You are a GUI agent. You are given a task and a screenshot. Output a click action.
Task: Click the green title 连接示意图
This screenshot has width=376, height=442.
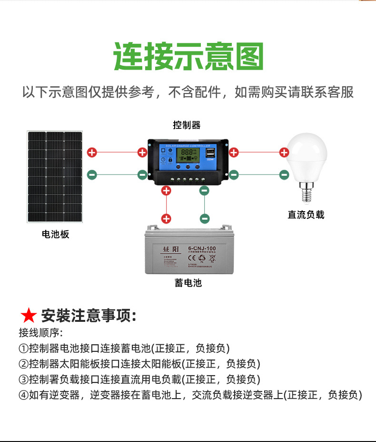(188, 56)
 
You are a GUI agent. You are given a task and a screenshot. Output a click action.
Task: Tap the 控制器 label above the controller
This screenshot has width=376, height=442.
(187, 125)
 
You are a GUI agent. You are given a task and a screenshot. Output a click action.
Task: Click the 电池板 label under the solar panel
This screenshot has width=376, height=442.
(55, 234)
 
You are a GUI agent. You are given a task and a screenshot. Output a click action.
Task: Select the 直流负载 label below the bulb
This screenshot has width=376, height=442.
(306, 215)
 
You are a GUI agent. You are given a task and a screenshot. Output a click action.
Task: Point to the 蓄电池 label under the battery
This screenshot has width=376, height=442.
(188, 283)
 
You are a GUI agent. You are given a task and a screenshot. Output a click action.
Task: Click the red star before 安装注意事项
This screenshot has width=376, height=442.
(29, 316)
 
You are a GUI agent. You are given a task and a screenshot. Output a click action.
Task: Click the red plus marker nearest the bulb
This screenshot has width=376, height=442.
(284, 153)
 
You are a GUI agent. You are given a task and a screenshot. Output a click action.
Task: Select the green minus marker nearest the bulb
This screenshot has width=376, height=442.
(284, 175)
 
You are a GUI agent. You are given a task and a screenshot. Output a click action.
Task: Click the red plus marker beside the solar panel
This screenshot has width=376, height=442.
(92, 153)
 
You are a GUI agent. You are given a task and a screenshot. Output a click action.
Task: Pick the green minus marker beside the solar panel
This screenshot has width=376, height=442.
(92, 175)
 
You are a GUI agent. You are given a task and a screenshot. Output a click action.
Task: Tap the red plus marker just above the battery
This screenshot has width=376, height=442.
(166, 219)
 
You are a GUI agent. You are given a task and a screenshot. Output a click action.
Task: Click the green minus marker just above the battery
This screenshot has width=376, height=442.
(205, 219)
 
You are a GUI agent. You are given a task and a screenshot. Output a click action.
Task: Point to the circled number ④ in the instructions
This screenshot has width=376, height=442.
(23, 395)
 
